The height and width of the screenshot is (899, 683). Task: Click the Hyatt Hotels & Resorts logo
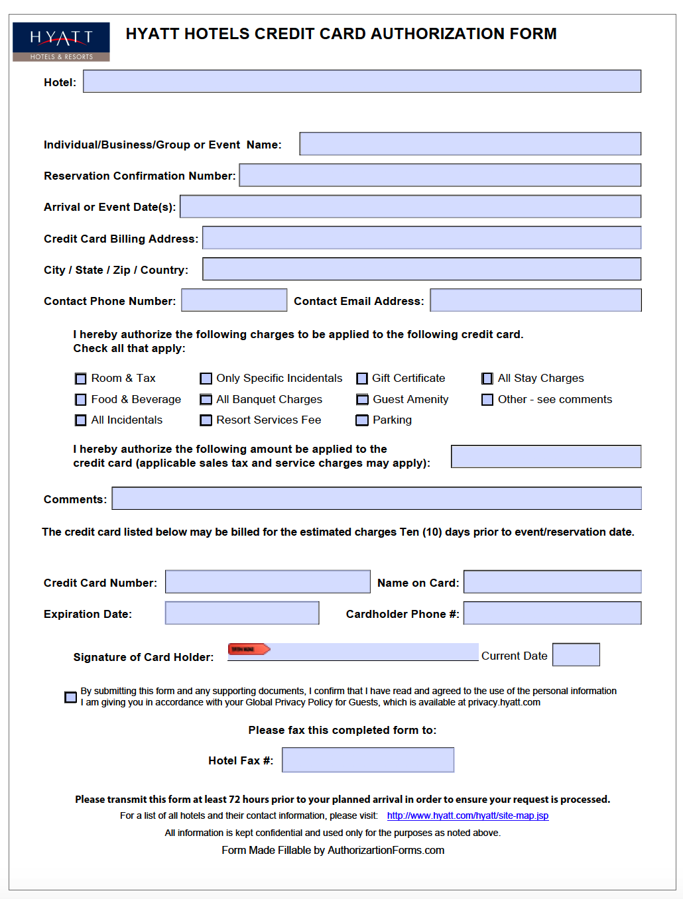click(x=61, y=42)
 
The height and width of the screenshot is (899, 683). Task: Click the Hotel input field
click(x=361, y=82)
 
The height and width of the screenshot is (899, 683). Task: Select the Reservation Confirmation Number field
click(x=440, y=175)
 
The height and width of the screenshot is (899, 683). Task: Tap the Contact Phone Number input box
click(x=234, y=300)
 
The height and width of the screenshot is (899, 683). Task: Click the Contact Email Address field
click(x=535, y=300)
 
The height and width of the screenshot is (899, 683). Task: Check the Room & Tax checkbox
click(x=81, y=379)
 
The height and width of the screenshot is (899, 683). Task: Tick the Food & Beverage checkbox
click(x=81, y=400)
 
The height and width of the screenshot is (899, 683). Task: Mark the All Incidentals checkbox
click(x=81, y=420)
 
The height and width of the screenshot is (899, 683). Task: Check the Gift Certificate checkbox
click(x=362, y=379)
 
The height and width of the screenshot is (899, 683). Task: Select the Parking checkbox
click(x=362, y=420)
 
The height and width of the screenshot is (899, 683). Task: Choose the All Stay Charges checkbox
click(x=487, y=379)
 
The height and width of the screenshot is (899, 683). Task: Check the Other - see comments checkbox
click(x=487, y=400)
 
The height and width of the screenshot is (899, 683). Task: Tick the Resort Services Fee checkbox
click(x=206, y=420)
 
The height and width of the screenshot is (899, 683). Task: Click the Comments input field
click(x=376, y=499)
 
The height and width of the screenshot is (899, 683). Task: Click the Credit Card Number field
click(x=267, y=581)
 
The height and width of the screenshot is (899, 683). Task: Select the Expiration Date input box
click(x=242, y=613)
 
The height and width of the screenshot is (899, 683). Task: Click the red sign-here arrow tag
click(x=249, y=649)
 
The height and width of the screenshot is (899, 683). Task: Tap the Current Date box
click(x=576, y=654)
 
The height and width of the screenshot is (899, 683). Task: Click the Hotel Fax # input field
click(x=368, y=760)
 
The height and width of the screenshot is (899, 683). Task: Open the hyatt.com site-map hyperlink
click(x=467, y=815)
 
